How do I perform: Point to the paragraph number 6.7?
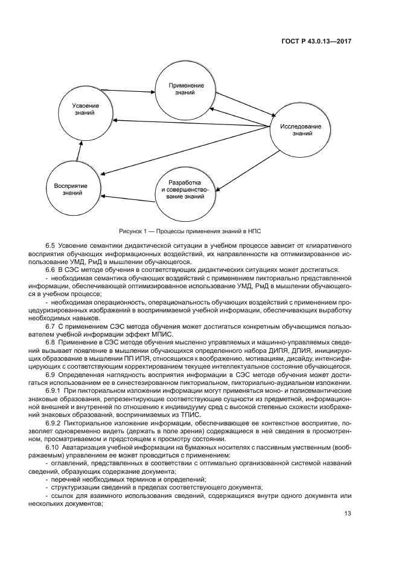click(50, 326)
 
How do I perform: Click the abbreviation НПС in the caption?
click(254, 231)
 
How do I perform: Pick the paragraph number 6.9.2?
click(53, 422)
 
